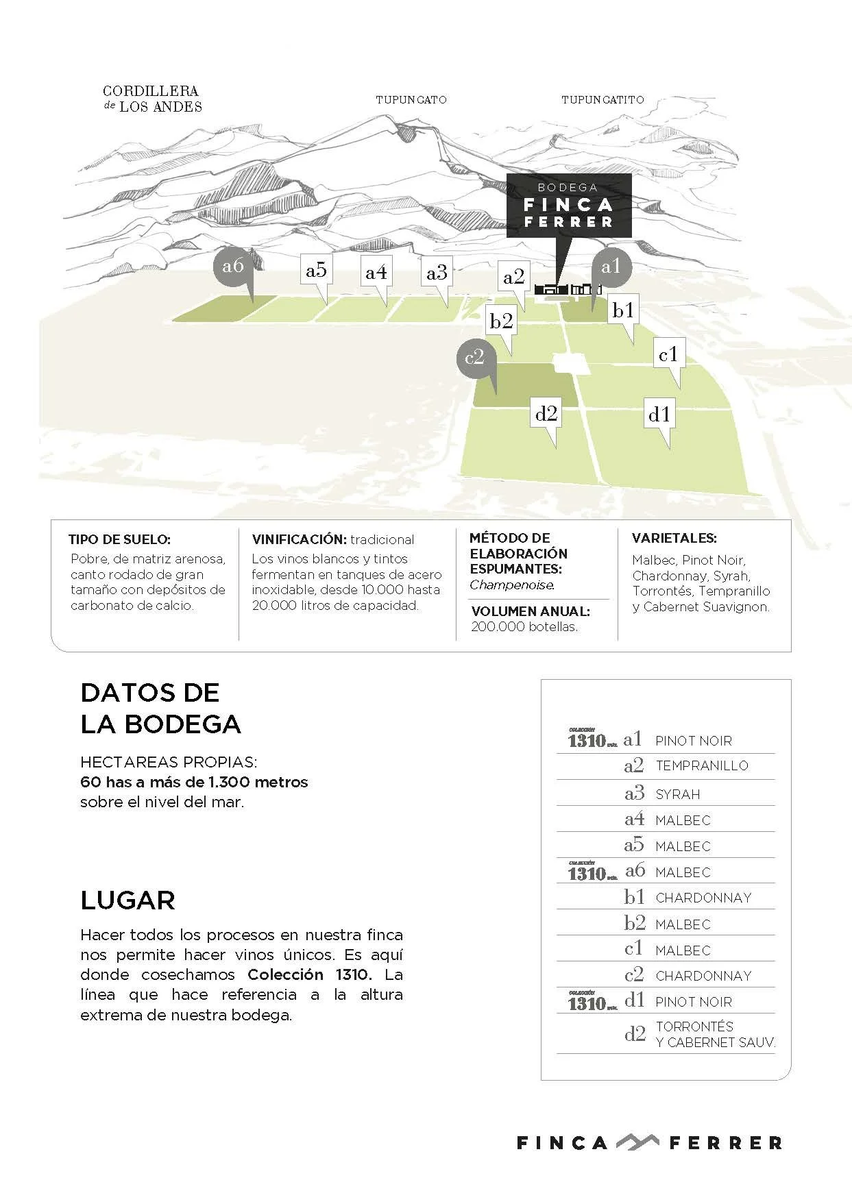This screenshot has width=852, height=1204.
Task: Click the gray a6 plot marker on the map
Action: tap(233, 266)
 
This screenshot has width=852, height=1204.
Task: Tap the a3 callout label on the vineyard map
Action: tap(437, 273)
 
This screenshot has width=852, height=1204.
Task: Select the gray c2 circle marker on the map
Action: tap(474, 357)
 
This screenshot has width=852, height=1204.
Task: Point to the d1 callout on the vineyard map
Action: tap(659, 414)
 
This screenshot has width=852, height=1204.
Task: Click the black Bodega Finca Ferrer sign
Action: tap(568, 205)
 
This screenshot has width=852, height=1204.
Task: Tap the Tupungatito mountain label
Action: tap(603, 100)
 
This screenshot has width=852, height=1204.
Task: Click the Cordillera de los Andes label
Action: tap(152, 99)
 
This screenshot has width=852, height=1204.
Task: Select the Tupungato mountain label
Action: tap(411, 100)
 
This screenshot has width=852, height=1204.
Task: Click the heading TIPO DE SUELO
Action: tap(119, 540)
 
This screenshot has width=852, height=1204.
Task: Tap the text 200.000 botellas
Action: tap(524, 627)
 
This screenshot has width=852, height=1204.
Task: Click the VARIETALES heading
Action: tap(674, 539)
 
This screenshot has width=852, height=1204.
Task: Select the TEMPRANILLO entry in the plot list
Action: tap(701, 766)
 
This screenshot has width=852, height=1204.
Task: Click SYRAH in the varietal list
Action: tap(677, 795)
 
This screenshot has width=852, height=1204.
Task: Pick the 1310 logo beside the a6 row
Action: tap(591, 872)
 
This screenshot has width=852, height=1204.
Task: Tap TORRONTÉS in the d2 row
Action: tap(694, 1027)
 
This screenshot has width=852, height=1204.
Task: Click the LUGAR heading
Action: tap(127, 900)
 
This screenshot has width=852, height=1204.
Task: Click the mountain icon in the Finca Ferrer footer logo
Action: tap(637, 1142)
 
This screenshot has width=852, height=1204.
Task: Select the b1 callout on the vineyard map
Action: tap(623, 310)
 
